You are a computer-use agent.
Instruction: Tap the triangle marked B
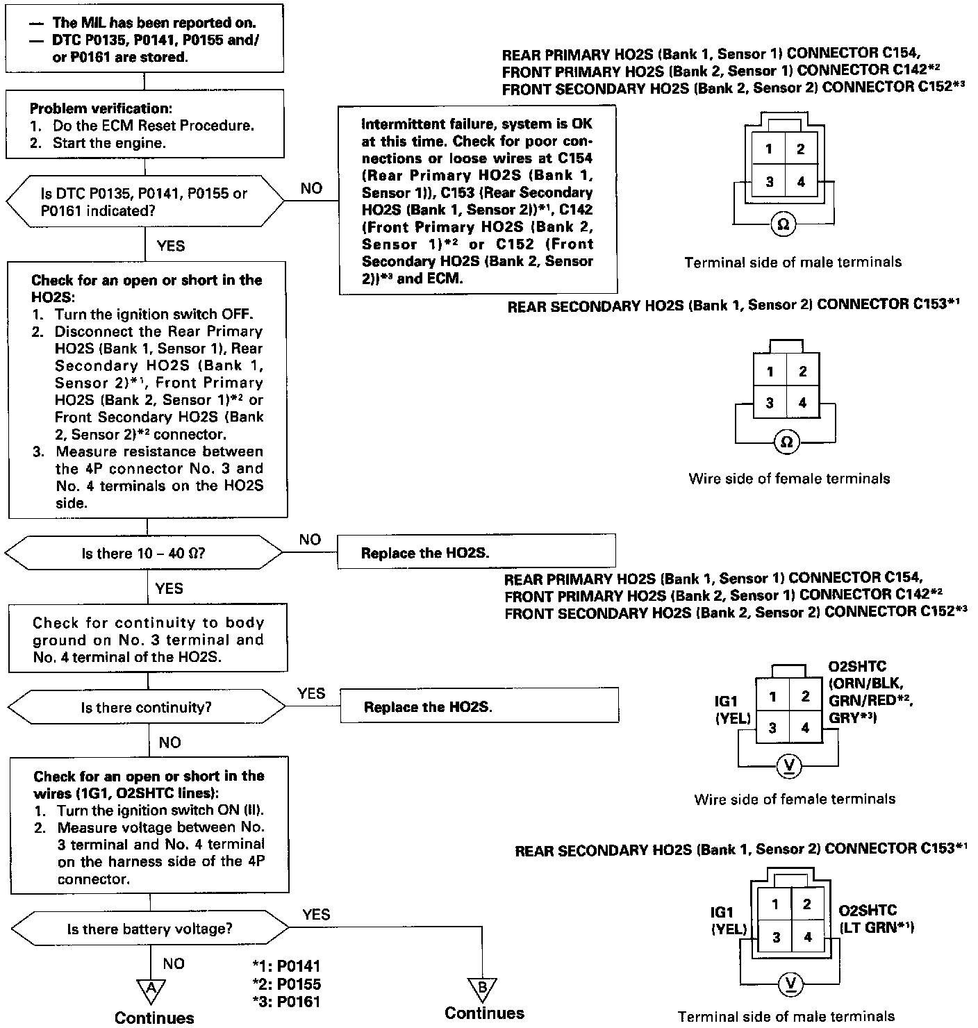[x=483, y=989]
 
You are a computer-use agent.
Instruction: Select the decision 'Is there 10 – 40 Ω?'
[x=144, y=554]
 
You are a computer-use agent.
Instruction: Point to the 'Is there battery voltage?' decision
[x=149, y=929]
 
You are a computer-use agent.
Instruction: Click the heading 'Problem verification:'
[x=101, y=108]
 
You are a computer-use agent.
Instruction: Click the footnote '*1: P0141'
[x=286, y=966]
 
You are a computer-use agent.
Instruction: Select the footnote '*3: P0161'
[x=286, y=1001]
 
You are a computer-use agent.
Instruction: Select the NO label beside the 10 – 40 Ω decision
[x=310, y=539]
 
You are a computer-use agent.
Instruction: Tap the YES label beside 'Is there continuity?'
[x=310, y=693]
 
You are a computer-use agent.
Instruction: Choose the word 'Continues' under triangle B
[x=484, y=1013]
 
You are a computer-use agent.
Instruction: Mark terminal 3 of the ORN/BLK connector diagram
[x=772, y=728]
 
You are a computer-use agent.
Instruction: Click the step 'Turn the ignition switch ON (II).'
[x=161, y=811]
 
